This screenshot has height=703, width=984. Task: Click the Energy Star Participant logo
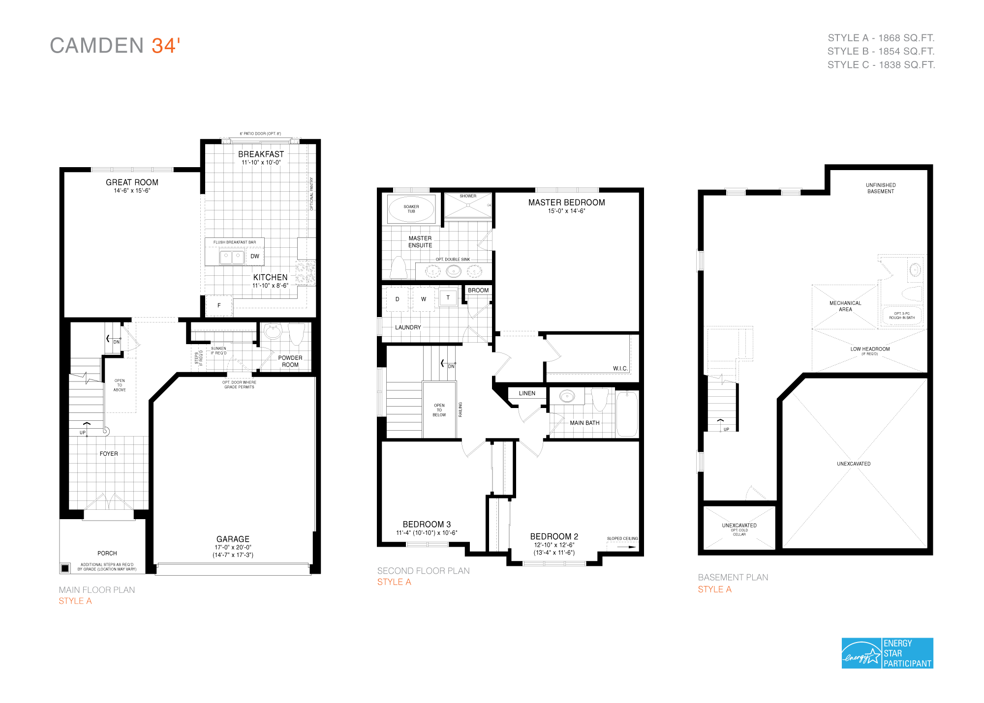pyautogui.click(x=887, y=653)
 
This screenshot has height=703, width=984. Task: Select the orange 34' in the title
pyautogui.click(x=166, y=46)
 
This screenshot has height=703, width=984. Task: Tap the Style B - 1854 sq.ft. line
pyautogui.click(x=881, y=51)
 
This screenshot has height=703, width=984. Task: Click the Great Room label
pyautogui.click(x=132, y=182)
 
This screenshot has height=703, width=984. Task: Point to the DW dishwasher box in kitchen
pyautogui.click(x=254, y=256)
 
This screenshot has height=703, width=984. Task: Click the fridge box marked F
pyautogui.click(x=219, y=305)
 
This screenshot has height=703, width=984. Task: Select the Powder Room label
pyautogui.click(x=290, y=361)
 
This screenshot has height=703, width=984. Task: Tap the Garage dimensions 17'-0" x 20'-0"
pyautogui.click(x=233, y=547)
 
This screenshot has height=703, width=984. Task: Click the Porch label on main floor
pyautogui.click(x=107, y=554)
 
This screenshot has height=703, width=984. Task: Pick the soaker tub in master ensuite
pyautogui.click(x=411, y=209)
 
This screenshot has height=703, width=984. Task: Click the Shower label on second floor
pyautogui.click(x=468, y=196)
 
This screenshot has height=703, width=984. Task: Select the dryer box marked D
pyautogui.click(x=398, y=299)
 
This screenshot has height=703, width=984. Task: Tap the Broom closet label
pyautogui.click(x=478, y=291)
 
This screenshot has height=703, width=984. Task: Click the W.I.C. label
pyautogui.click(x=620, y=368)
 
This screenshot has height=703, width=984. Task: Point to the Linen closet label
pyautogui.click(x=527, y=393)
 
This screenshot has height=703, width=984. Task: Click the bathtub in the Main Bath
pyautogui.click(x=627, y=414)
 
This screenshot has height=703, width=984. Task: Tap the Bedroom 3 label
pyautogui.click(x=427, y=525)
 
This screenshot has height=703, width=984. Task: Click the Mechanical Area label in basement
pyautogui.click(x=845, y=306)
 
